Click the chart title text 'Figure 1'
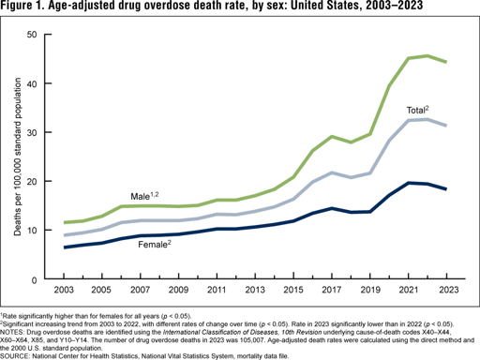coord(28,8)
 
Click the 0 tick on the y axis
coord(37,278)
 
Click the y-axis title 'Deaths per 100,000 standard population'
coord(12,157)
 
